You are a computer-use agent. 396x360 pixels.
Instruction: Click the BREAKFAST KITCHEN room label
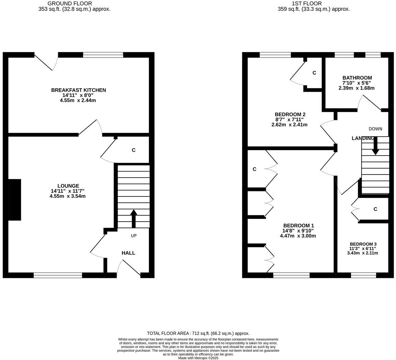pos(78,90)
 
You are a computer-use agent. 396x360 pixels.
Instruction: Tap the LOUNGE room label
pos(68,186)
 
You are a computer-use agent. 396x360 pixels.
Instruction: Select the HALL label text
pos(128,253)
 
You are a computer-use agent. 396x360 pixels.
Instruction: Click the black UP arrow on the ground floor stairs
pos(134,218)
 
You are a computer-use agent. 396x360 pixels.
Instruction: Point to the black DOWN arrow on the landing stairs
pos(375,146)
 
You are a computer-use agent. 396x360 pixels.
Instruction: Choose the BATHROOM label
pos(357,78)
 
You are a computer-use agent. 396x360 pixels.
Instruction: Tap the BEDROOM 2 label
pos(290,114)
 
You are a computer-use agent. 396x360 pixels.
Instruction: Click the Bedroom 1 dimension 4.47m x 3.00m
pos(298,236)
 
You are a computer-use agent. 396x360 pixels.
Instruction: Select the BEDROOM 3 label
pos(363,244)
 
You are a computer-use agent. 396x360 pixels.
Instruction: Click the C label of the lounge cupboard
pos(134,150)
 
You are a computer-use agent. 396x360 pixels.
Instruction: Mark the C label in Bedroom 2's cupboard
pos(314,73)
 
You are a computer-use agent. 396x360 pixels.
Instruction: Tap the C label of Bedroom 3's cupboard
pos(375,209)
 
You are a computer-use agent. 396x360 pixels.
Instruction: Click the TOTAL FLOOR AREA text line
pos(198,333)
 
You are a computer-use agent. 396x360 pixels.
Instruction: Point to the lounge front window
pos(58,275)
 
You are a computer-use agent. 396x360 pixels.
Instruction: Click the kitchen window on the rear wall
pos(103,55)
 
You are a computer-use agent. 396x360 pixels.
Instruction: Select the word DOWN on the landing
pos(375,129)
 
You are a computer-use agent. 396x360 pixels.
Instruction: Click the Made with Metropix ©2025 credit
pos(198,358)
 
